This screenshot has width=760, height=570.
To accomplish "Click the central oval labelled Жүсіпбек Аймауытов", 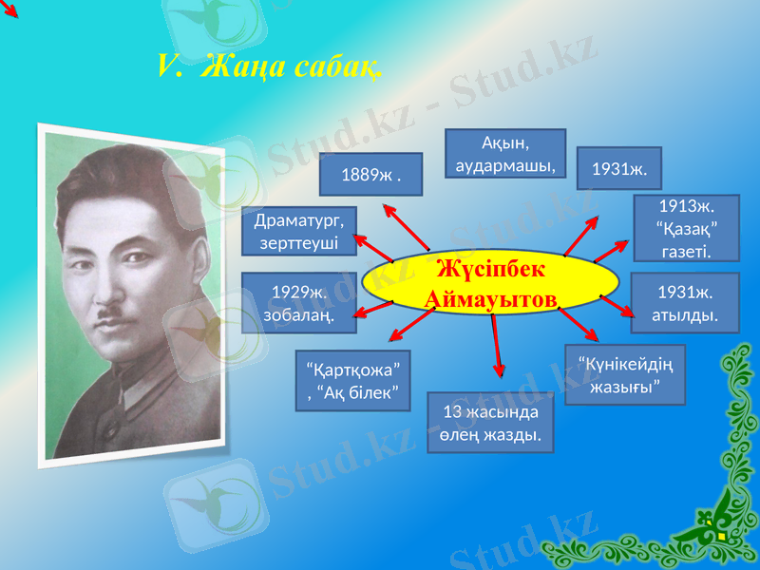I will pos(492,284).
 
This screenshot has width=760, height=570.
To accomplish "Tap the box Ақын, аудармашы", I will pos(505,154).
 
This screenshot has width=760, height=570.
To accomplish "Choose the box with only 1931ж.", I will pos(618,169).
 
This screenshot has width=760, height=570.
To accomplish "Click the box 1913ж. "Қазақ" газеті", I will pos(685,229).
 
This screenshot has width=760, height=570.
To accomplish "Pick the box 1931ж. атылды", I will pos(685,302).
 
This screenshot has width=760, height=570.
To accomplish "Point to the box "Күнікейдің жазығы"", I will pos(625,374).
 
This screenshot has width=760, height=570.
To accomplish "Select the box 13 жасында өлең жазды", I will pos(490,423).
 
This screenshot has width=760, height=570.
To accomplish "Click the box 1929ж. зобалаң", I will pos(299,303).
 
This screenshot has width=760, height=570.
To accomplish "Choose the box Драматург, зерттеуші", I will pos(299,231).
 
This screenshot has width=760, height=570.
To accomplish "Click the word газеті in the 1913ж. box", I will pos(685,250).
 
